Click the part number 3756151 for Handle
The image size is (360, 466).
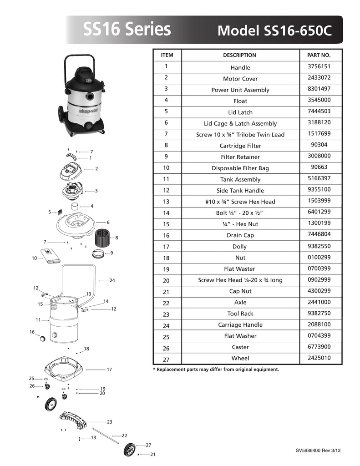[x=319, y=66]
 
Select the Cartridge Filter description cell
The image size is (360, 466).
[x=240, y=146]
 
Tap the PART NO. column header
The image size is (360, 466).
[x=319, y=55]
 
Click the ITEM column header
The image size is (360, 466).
[x=167, y=55]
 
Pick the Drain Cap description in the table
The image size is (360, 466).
[x=240, y=235]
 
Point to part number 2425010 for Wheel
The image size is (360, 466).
[x=319, y=358]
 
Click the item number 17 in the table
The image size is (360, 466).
[x=166, y=247]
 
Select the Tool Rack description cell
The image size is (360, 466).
[x=240, y=314]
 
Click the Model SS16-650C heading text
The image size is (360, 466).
[x=274, y=30]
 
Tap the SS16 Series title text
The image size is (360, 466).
[x=127, y=29]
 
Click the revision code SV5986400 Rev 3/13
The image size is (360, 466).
[x=318, y=450]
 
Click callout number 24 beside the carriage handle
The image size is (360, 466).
[x=112, y=280]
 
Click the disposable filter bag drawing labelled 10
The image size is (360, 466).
[x=50, y=255]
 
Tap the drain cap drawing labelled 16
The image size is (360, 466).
[x=42, y=338]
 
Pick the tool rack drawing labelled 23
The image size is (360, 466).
[x=73, y=419]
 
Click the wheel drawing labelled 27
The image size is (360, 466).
[x=129, y=449]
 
